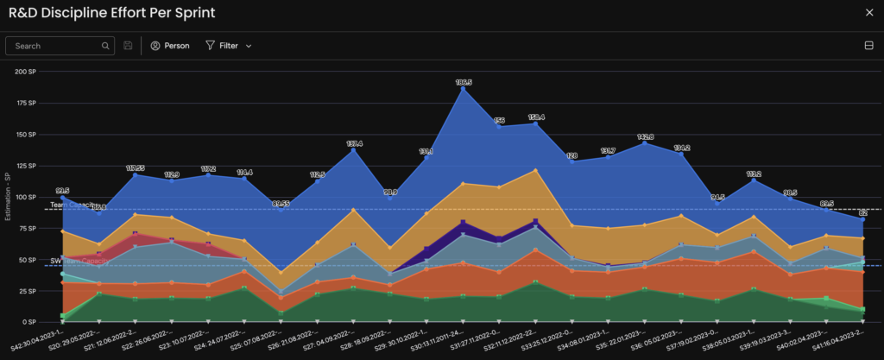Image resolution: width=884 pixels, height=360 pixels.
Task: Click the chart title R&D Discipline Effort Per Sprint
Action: pos(111,13)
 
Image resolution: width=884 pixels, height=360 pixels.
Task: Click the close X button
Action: pos(868,13)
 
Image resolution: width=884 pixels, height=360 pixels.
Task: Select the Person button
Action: pos(170,46)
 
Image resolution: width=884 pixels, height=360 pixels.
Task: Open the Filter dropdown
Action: pos(228,46)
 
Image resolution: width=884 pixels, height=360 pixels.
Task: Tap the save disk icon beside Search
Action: pos(129,46)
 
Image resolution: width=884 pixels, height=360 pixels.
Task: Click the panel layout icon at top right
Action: pos(868,46)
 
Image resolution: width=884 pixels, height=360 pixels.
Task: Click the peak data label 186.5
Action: pos(464,82)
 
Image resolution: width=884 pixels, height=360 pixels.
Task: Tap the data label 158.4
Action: pos(536,117)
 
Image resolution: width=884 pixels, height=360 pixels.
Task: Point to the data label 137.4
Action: pos(354,143)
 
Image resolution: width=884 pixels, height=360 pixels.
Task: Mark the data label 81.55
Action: pos(281,204)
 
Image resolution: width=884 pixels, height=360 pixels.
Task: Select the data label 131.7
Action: pos(609,150)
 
